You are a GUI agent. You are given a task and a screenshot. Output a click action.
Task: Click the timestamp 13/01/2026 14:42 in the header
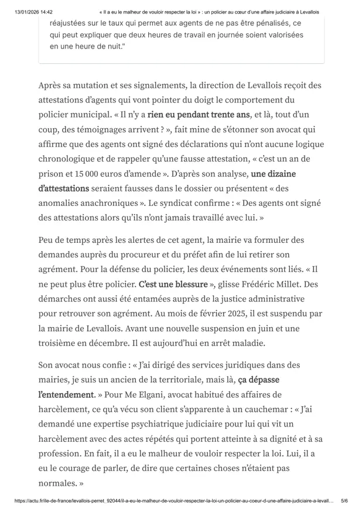34,11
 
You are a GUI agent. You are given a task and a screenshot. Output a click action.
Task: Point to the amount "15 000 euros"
103,174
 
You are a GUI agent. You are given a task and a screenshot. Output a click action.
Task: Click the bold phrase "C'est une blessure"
173,284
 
